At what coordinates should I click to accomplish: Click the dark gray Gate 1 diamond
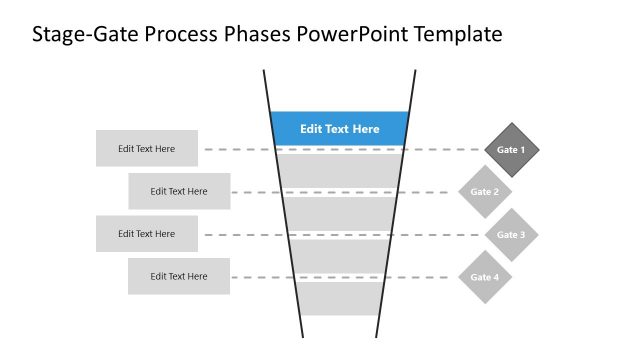pyautogui.click(x=511, y=150)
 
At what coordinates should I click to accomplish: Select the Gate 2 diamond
pyautogui.click(x=485, y=192)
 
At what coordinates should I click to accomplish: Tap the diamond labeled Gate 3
pyautogui.click(x=511, y=235)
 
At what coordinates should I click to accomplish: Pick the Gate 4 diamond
pyautogui.click(x=485, y=277)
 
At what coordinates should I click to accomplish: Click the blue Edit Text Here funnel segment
pyautogui.click(x=340, y=129)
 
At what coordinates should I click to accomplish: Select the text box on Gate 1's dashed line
pyautogui.click(x=147, y=149)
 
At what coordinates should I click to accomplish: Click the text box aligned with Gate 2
pyautogui.click(x=179, y=191)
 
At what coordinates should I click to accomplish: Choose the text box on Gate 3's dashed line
pyautogui.click(x=147, y=234)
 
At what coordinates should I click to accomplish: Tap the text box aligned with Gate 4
pyautogui.click(x=179, y=276)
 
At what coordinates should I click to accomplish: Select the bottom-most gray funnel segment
pyautogui.click(x=340, y=298)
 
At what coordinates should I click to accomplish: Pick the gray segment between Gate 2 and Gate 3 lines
pyautogui.click(x=340, y=213)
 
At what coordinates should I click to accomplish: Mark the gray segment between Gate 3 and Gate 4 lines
pyautogui.click(x=340, y=256)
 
